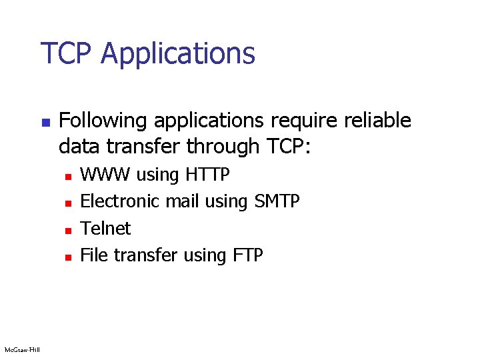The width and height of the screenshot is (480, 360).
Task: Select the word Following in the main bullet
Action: coord(101,121)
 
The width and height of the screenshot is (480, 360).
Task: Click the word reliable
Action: coord(378,121)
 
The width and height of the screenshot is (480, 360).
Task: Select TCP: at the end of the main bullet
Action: coord(289,145)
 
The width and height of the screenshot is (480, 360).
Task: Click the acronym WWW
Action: coord(105,175)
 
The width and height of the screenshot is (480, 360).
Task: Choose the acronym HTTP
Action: coord(208,175)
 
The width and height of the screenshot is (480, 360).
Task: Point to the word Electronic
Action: coord(119,201)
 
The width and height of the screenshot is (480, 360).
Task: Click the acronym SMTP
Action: coord(277,201)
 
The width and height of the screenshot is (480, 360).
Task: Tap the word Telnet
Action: coord(105,229)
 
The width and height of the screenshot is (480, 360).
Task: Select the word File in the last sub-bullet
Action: coord(94,255)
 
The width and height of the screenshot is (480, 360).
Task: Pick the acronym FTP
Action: coord(247,255)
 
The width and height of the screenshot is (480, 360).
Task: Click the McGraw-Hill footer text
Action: coord(21,349)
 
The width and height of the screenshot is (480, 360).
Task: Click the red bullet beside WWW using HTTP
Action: coord(67,176)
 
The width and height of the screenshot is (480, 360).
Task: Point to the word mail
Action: coord(183,201)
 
